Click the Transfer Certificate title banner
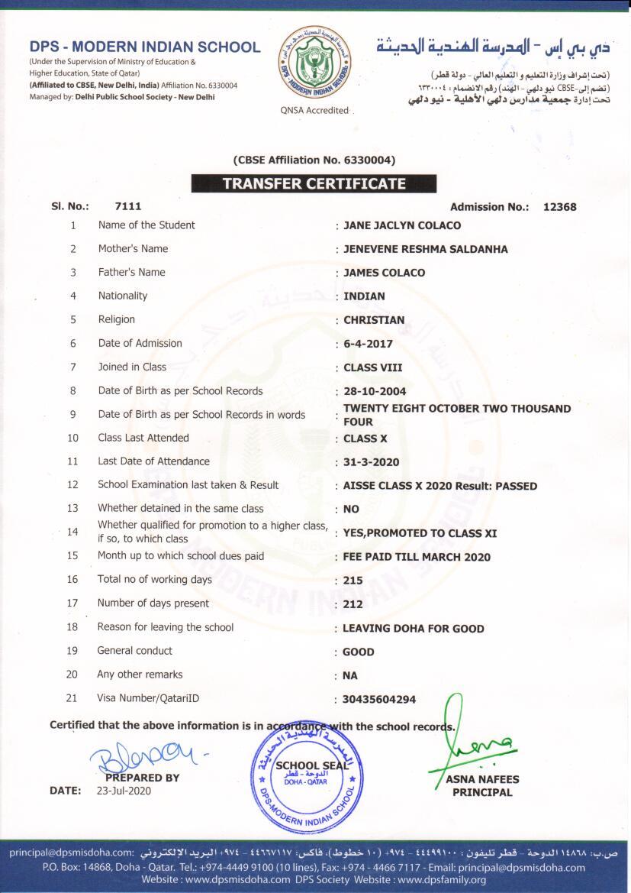[x=314, y=183]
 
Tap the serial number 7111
[x=128, y=206]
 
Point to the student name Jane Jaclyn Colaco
[x=402, y=225]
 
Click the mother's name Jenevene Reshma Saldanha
[x=425, y=249]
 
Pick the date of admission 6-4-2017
[x=369, y=344]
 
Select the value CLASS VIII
[x=373, y=367]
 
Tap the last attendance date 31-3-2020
[x=372, y=462]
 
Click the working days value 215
[x=353, y=581]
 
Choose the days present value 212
[x=353, y=604]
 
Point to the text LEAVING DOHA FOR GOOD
[x=414, y=629]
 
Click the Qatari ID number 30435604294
[x=380, y=699]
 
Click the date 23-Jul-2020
[x=124, y=791]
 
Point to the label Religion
[x=117, y=319]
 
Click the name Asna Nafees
[x=482, y=779]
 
